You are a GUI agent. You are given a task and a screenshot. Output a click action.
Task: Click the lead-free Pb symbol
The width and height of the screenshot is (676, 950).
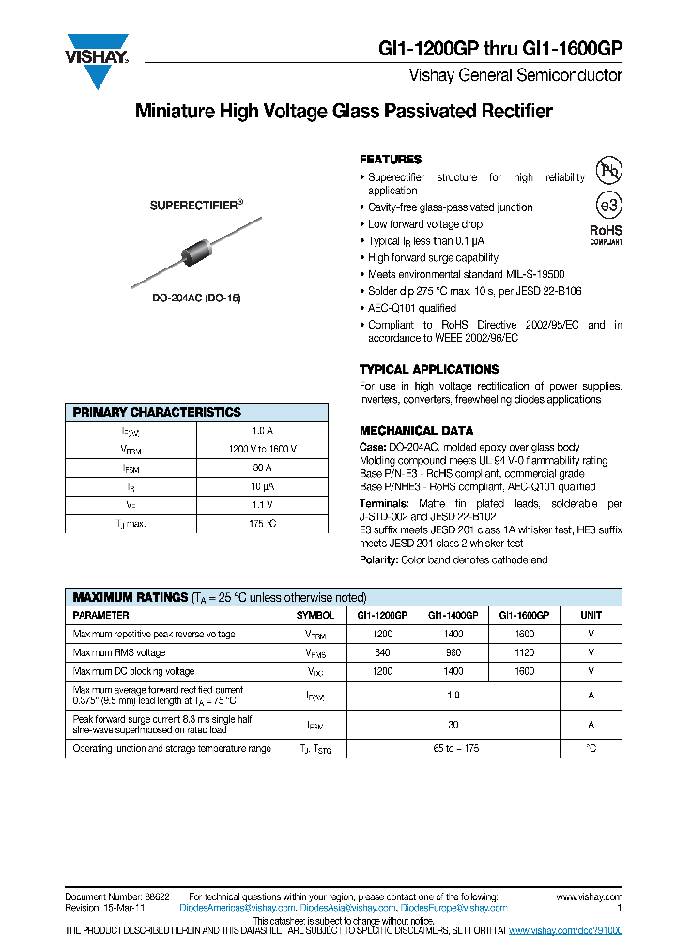(x=609, y=170)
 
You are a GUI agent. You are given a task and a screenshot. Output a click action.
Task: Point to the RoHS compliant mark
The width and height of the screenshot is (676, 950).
(x=606, y=235)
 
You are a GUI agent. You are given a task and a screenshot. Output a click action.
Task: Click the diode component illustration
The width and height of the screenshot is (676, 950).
(x=196, y=253)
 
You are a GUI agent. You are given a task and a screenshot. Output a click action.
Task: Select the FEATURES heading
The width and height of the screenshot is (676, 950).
(x=391, y=160)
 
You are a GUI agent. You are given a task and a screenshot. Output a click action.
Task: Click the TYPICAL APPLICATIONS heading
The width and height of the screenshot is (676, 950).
(x=429, y=370)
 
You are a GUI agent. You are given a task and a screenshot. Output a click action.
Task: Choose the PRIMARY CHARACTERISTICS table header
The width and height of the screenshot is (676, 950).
(x=157, y=412)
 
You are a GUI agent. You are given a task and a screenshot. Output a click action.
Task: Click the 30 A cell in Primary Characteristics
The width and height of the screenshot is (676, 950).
(x=262, y=467)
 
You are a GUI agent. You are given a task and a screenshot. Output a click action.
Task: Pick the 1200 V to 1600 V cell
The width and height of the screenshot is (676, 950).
(x=262, y=449)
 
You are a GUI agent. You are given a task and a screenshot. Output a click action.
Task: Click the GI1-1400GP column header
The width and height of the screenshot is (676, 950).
(x=453, y=615)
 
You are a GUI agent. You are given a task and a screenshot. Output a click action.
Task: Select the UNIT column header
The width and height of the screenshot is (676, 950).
(x=591, y=615)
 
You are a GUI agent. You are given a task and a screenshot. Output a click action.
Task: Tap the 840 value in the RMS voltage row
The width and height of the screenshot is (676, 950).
(x=382, y=652)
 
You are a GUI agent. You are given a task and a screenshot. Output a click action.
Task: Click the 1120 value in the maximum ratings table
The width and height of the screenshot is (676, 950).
(x=525, y=652)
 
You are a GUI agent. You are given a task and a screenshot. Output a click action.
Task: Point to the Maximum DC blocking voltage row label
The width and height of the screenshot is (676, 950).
(x=134, y=671)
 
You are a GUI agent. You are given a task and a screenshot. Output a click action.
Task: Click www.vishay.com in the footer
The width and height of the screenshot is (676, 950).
(x=589, y=896)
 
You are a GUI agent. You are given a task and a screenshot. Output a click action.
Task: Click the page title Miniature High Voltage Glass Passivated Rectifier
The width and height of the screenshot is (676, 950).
(x=344, y=112)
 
